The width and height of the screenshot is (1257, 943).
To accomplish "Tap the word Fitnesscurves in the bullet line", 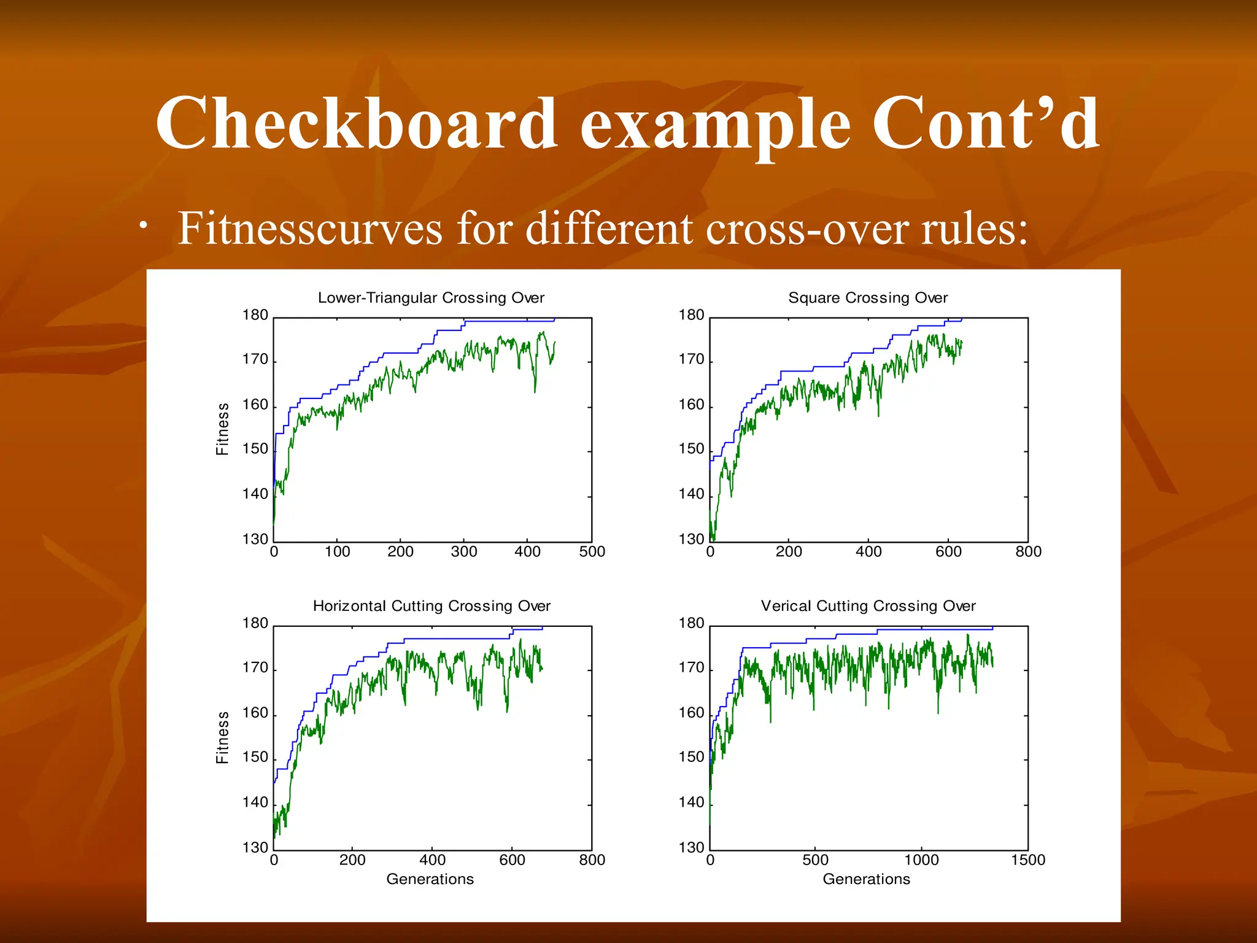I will (x=310, y=228).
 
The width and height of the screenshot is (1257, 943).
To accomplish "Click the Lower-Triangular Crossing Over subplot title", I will (x=431, y=298).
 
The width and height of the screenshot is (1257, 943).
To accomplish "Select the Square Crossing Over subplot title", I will (x=868, y=298).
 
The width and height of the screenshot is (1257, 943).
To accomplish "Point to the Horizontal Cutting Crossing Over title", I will (x=431, y=606).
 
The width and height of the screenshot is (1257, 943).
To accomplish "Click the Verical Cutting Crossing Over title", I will (x=868, y=606).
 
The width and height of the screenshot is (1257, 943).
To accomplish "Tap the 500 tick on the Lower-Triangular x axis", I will (x=592, y=551).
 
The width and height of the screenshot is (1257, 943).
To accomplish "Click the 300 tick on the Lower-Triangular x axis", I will (x=464, y=551).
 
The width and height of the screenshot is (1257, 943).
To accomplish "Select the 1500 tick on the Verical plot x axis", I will (x=1028, y=860).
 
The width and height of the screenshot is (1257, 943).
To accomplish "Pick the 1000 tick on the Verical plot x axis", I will (x=922, y=860).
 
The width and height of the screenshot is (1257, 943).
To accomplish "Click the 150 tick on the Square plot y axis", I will (x=691, y=449).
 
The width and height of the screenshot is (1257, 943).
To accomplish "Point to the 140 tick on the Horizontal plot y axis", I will (x=255, y=802).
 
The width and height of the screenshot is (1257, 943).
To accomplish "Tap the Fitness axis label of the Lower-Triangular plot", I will (x=223, y=429).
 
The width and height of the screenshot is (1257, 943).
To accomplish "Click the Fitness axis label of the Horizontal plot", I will (x=223, y=737).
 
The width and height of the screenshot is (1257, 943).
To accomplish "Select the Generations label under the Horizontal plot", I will (x=430, y=879).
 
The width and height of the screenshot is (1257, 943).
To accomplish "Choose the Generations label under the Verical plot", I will (x=866, y=879).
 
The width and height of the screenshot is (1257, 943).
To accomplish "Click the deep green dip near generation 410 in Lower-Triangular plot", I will (x=535, y=390).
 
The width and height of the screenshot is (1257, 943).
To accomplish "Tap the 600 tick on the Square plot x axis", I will (x=948, y=551).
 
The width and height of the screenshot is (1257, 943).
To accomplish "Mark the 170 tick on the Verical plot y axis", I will (x=691, y=668).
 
